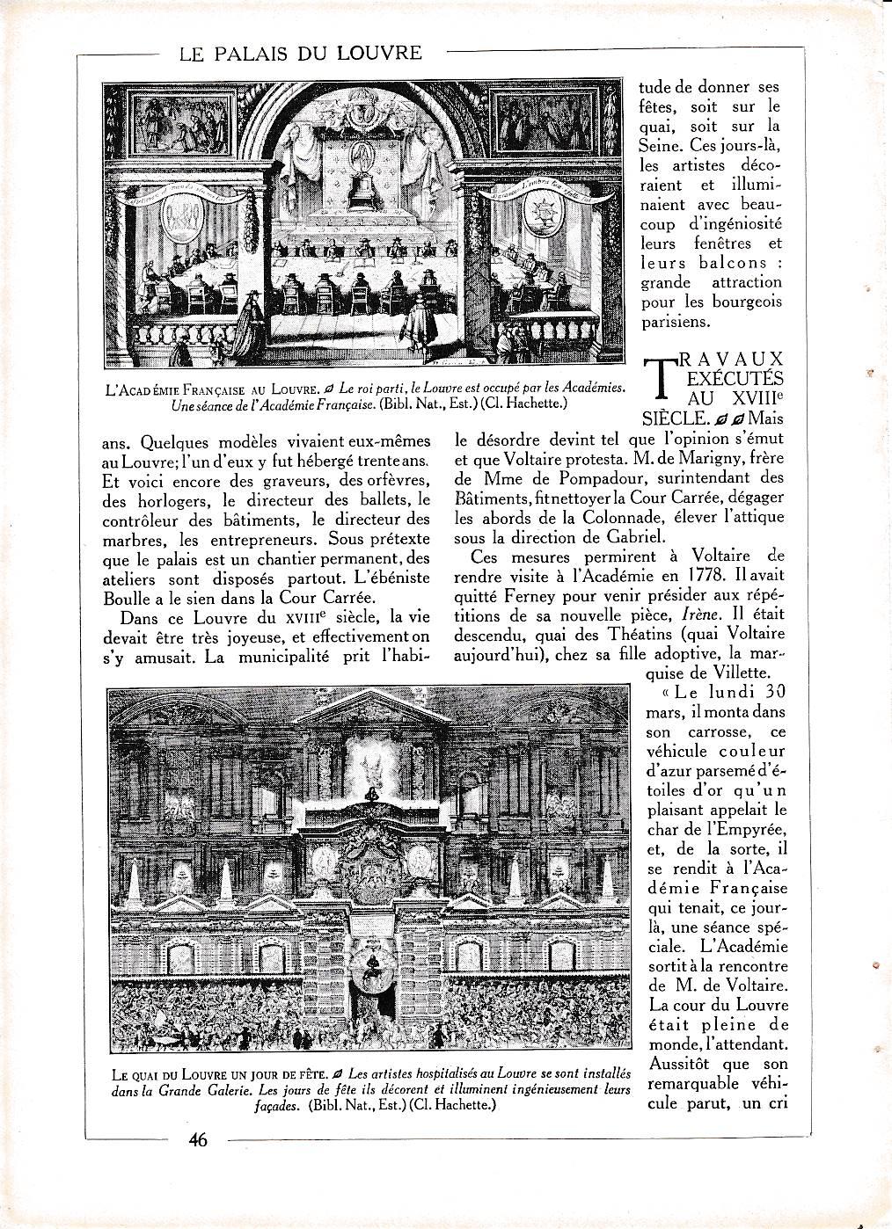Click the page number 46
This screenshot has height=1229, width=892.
(x=197, y=1140)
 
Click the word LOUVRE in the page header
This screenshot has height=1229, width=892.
(x=379, y=53)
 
